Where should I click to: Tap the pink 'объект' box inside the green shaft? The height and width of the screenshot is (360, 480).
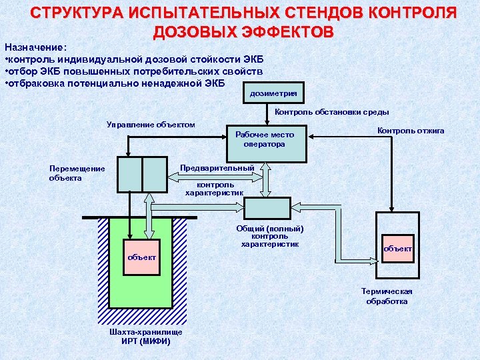pos(142,257)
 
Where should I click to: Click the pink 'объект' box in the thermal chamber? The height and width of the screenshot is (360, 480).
pos(397,249)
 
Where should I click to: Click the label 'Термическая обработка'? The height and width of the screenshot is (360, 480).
pos(387,296)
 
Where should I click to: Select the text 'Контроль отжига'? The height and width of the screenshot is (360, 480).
pos(411,131)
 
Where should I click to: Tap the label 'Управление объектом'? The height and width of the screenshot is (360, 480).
pos(151,125)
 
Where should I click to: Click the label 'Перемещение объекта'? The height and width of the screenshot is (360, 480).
pos(77,173)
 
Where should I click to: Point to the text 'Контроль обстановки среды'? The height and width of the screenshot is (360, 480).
pos(332,112)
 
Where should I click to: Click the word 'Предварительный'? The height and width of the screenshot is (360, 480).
pos(217,167)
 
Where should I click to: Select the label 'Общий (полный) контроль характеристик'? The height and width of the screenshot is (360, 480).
pos(270,236)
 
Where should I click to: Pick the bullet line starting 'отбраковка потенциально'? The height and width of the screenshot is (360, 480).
pos(115,83)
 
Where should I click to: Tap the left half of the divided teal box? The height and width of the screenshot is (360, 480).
pos(129,174)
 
